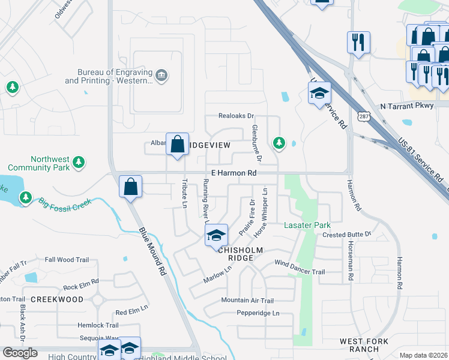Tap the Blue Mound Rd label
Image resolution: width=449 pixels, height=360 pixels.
point(152,250)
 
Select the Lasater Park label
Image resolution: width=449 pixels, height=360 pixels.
point(307,225)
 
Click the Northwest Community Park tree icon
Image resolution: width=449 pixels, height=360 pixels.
point(78,162)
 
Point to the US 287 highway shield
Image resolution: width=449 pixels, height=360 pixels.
point(363,116)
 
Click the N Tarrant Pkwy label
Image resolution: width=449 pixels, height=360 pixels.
point(406,106)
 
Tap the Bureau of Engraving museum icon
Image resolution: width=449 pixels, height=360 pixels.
point(161,76)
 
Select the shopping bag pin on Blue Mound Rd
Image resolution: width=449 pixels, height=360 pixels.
point(130,187)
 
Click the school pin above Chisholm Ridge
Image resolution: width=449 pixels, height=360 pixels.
point(216,235)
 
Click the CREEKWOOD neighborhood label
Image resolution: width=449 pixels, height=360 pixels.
point(57,299)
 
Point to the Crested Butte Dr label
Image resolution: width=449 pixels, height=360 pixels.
point(347,234)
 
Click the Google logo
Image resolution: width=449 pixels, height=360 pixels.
point(20,352)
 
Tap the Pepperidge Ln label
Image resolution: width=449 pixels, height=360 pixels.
point(258,313)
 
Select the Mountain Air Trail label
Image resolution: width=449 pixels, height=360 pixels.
point(247,301)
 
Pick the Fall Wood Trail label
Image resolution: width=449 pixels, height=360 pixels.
point(67,260)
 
